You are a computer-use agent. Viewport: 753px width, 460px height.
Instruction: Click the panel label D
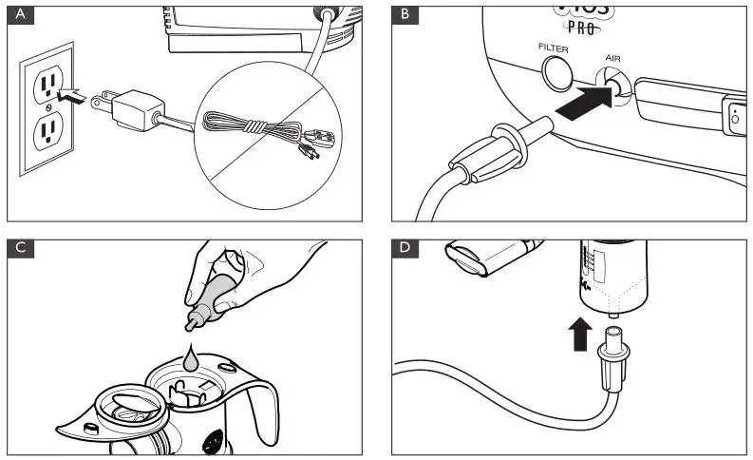click(406, 249)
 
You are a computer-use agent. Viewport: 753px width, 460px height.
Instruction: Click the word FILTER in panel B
click(554, 47)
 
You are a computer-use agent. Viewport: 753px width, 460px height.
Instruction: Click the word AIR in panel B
click(612, 57)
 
